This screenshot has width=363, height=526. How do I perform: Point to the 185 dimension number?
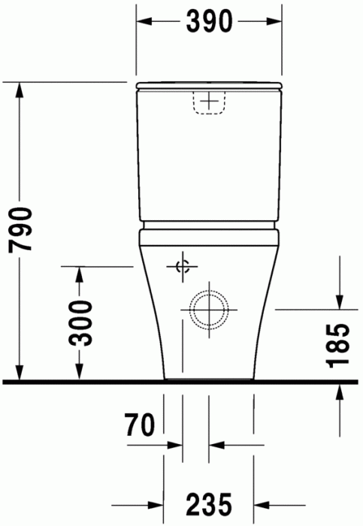340,346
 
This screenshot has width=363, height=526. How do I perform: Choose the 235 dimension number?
208,504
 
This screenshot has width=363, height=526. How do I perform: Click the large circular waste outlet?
208,309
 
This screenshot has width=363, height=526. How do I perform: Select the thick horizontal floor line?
181,382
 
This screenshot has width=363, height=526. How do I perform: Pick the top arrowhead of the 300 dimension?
78,275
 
